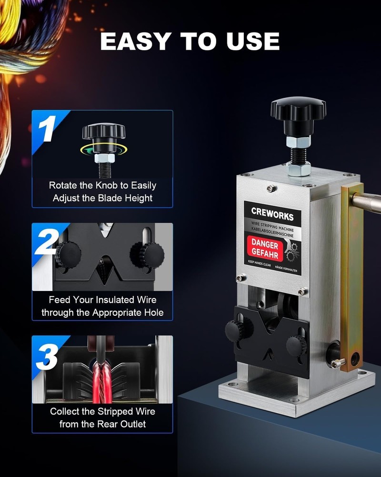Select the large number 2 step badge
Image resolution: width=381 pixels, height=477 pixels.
click(x=48, y=241)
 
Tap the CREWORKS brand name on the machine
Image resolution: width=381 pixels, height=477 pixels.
click(x=272, y=216)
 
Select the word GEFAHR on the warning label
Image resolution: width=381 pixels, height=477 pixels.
click(x=265, y=254)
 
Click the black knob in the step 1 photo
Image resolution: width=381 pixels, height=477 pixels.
click(x=103, y=132)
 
